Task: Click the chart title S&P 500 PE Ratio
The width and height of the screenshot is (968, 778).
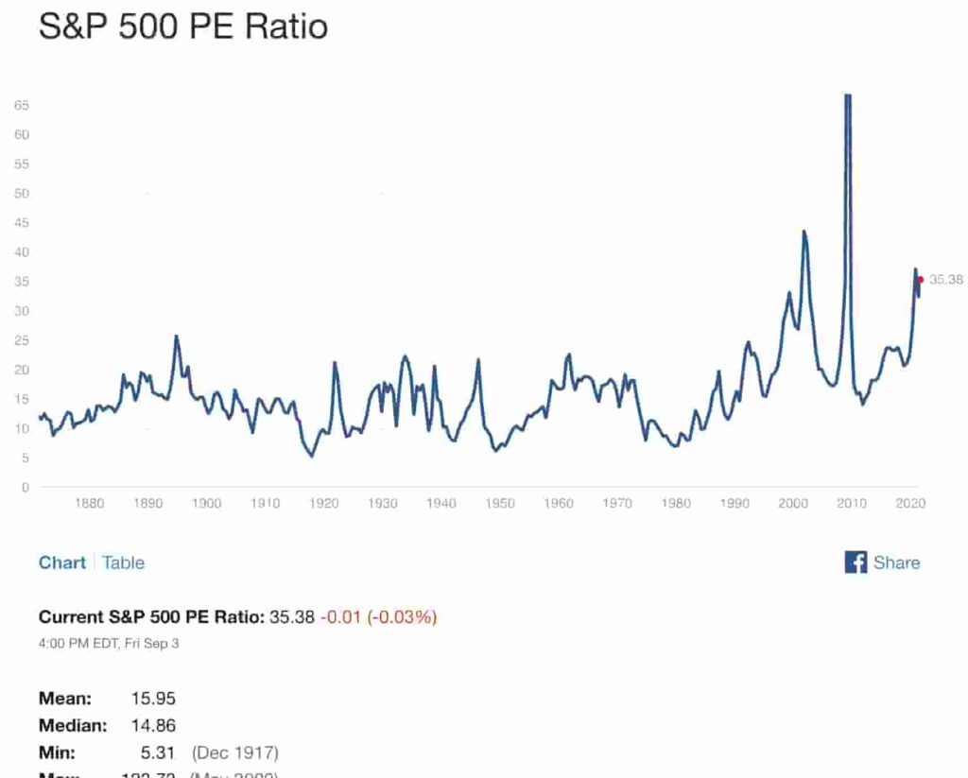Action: tap(182, 26)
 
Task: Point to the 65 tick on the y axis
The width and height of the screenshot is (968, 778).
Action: tap(22, 106)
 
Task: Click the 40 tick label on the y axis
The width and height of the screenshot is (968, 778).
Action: tap(22, 252)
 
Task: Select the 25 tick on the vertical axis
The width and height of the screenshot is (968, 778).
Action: tap(22, 340)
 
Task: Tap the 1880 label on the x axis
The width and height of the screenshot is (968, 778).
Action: tap(89, 504)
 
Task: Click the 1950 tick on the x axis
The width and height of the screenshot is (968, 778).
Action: tap(500, 504)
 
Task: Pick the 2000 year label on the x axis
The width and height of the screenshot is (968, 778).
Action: tap(793, 504)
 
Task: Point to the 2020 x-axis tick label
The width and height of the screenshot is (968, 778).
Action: tap(910, 504)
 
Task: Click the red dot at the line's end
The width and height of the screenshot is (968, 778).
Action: tap(921, 280)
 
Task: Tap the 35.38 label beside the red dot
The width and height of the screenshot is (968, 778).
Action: tap(946, 280)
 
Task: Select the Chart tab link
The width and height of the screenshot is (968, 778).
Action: tap(61, 562)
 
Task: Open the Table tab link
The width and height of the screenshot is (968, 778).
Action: tap(123, 562)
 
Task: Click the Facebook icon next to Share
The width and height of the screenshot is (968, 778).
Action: tap(856, 562)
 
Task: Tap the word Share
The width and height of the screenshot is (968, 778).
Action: tap(896, 562)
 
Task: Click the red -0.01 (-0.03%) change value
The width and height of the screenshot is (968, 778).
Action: tap(378, 617)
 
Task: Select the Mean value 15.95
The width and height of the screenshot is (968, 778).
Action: tap(153, 700)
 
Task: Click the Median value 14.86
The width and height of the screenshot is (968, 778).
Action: tap(153, 726)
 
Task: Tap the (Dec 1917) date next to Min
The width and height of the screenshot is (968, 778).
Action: tap(234, 753)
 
